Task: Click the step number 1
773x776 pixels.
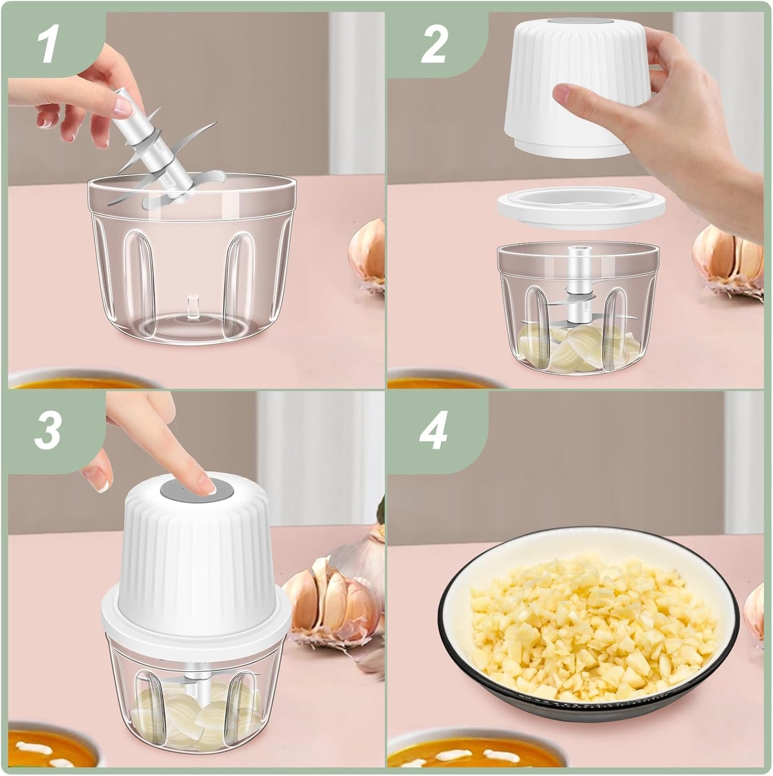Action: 47,46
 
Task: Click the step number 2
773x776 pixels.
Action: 433,46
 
